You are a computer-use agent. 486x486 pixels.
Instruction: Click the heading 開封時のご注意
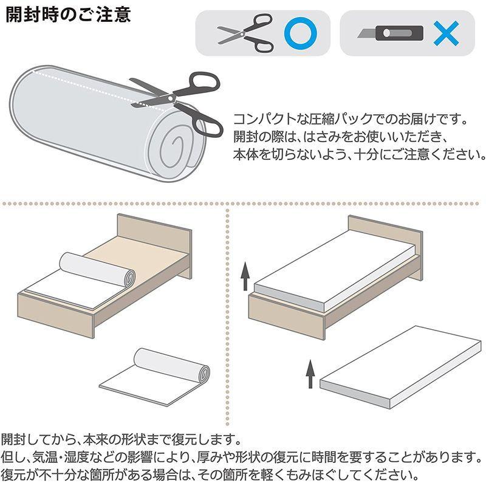(x=68, y=15)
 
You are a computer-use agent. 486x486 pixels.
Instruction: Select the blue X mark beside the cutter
(x=447, y=33)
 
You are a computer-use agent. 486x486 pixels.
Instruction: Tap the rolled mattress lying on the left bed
(x=97, y=267)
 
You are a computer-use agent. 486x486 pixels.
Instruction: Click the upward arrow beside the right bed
(x=245, y=276)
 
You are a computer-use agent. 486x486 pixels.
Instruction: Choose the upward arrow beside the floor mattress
(x=310, y=374)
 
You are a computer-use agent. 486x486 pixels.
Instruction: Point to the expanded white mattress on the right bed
(x=334, y=273)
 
